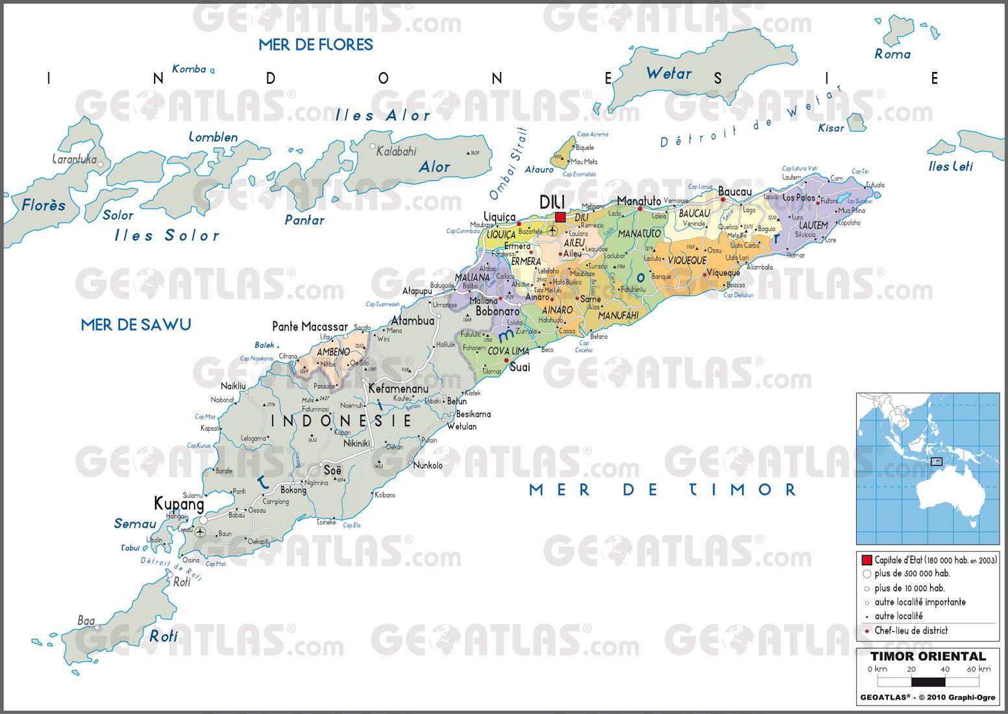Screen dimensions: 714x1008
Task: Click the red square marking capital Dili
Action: point(560,217)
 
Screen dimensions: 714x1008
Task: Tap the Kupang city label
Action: point(178,504)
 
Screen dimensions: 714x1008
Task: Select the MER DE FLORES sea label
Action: point(315,45)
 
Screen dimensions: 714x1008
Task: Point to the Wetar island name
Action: point(669,73)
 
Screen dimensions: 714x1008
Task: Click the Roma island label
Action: point(892,55)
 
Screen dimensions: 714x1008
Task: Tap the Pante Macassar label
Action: point(310,326)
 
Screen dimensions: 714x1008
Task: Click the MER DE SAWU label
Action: point(136,325)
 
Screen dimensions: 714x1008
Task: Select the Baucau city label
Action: point(734,192)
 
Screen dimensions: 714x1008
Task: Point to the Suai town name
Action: point(519,367)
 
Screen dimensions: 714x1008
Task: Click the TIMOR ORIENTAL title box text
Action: point(928,656)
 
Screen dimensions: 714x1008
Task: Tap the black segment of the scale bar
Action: point(928,682)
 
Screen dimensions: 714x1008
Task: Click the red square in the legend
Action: point(867,560)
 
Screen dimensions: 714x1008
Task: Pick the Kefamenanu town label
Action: point(399,388)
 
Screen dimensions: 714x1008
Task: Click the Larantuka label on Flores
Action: point(73,159)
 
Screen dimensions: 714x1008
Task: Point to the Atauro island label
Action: point(539,170)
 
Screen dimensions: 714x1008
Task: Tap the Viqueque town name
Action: point(723,273)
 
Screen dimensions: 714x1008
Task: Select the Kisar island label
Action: point(831,128)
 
